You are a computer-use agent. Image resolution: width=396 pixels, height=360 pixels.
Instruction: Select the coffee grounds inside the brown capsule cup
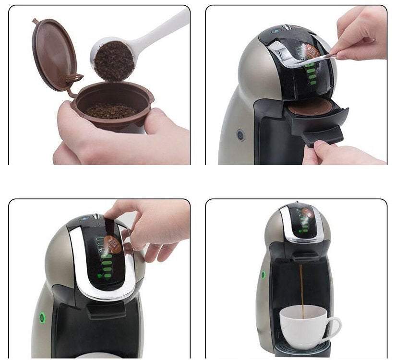point(110,110)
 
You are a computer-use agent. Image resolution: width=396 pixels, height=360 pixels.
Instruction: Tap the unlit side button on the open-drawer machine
point(240,135)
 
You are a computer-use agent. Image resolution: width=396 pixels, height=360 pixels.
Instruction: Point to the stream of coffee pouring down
point(302,288)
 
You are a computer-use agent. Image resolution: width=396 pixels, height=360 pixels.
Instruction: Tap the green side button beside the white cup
point(263,275)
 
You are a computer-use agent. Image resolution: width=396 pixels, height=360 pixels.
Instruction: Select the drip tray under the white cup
point(302,350)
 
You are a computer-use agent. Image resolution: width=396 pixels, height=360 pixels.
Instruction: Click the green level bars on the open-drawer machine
point(311,72)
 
